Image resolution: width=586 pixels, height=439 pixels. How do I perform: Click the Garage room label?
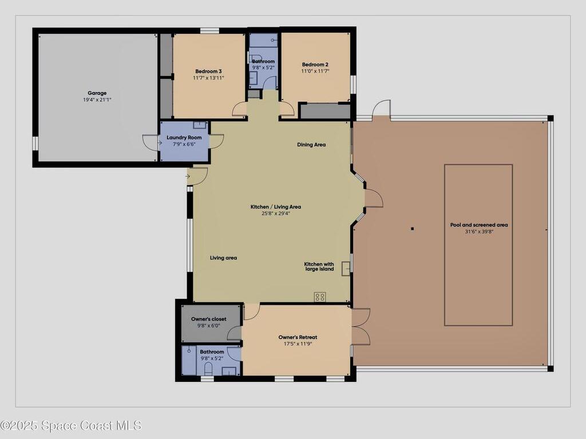click(97, 93)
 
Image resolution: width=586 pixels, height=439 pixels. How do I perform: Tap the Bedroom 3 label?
click(208, 71)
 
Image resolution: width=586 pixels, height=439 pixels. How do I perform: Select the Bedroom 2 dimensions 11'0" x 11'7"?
click(315, 71)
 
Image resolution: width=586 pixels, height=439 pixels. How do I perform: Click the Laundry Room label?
click(184, 137)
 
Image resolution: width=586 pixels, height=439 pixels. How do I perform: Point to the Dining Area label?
click(311, 145)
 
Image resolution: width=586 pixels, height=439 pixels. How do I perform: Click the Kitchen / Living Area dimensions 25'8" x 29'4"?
click(276, 214)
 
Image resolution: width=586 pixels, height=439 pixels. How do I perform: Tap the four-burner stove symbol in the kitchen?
click(320, 297)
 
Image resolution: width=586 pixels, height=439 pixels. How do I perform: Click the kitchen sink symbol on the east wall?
click(346, 269)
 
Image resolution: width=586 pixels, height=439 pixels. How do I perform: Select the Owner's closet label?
click(208, 319)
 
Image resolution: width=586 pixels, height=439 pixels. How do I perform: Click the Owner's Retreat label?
click(298, 337)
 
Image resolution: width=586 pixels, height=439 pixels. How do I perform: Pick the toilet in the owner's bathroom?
click(208, 370)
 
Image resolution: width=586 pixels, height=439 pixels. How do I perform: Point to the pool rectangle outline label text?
click(479, 225)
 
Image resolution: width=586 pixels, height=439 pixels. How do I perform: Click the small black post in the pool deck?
click(412, 229)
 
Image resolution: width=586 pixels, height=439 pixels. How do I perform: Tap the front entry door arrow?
click(188, 176)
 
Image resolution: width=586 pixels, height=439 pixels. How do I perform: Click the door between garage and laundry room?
click(151, 142)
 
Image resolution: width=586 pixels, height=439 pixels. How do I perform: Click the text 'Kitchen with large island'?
click(319, 266)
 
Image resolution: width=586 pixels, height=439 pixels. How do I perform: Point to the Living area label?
click(224, 258)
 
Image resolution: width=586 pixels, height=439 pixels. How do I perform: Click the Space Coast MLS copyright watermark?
click(71, 425)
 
